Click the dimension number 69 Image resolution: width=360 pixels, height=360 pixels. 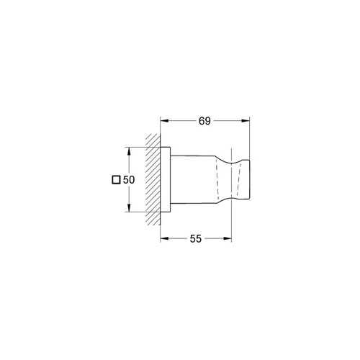click(204, 121)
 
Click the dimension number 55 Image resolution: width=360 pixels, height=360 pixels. click(195, 239)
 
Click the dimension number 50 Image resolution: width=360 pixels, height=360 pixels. click(129, 180)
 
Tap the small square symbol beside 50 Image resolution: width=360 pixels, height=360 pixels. click(116, 180)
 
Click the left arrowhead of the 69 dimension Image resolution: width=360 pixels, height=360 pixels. click(165, 121)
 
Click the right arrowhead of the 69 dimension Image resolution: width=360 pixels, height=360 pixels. click(246, 121)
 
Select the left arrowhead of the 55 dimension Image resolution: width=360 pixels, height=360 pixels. click(165, 238)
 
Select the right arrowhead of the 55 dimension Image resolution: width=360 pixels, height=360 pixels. click(227, 238)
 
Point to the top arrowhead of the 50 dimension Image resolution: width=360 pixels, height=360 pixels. click(129, 151)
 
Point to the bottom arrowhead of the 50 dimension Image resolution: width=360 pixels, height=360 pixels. click(129, 207)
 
